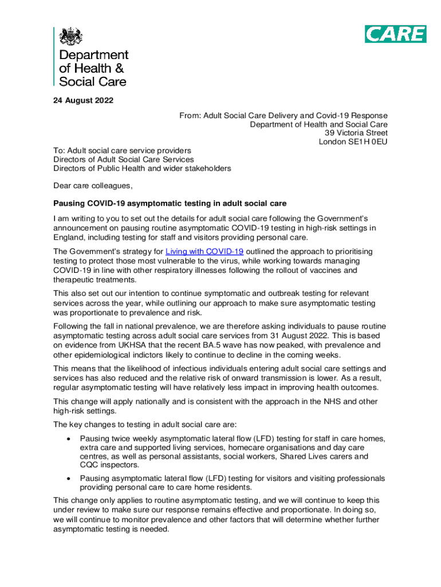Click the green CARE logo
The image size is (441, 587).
[395, 34]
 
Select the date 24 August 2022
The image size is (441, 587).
[83, 101]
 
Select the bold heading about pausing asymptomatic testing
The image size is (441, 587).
[170, 204]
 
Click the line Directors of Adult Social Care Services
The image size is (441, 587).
[124, 159]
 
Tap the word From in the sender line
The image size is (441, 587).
[188, 116]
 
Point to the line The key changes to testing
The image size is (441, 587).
[148, 425]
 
